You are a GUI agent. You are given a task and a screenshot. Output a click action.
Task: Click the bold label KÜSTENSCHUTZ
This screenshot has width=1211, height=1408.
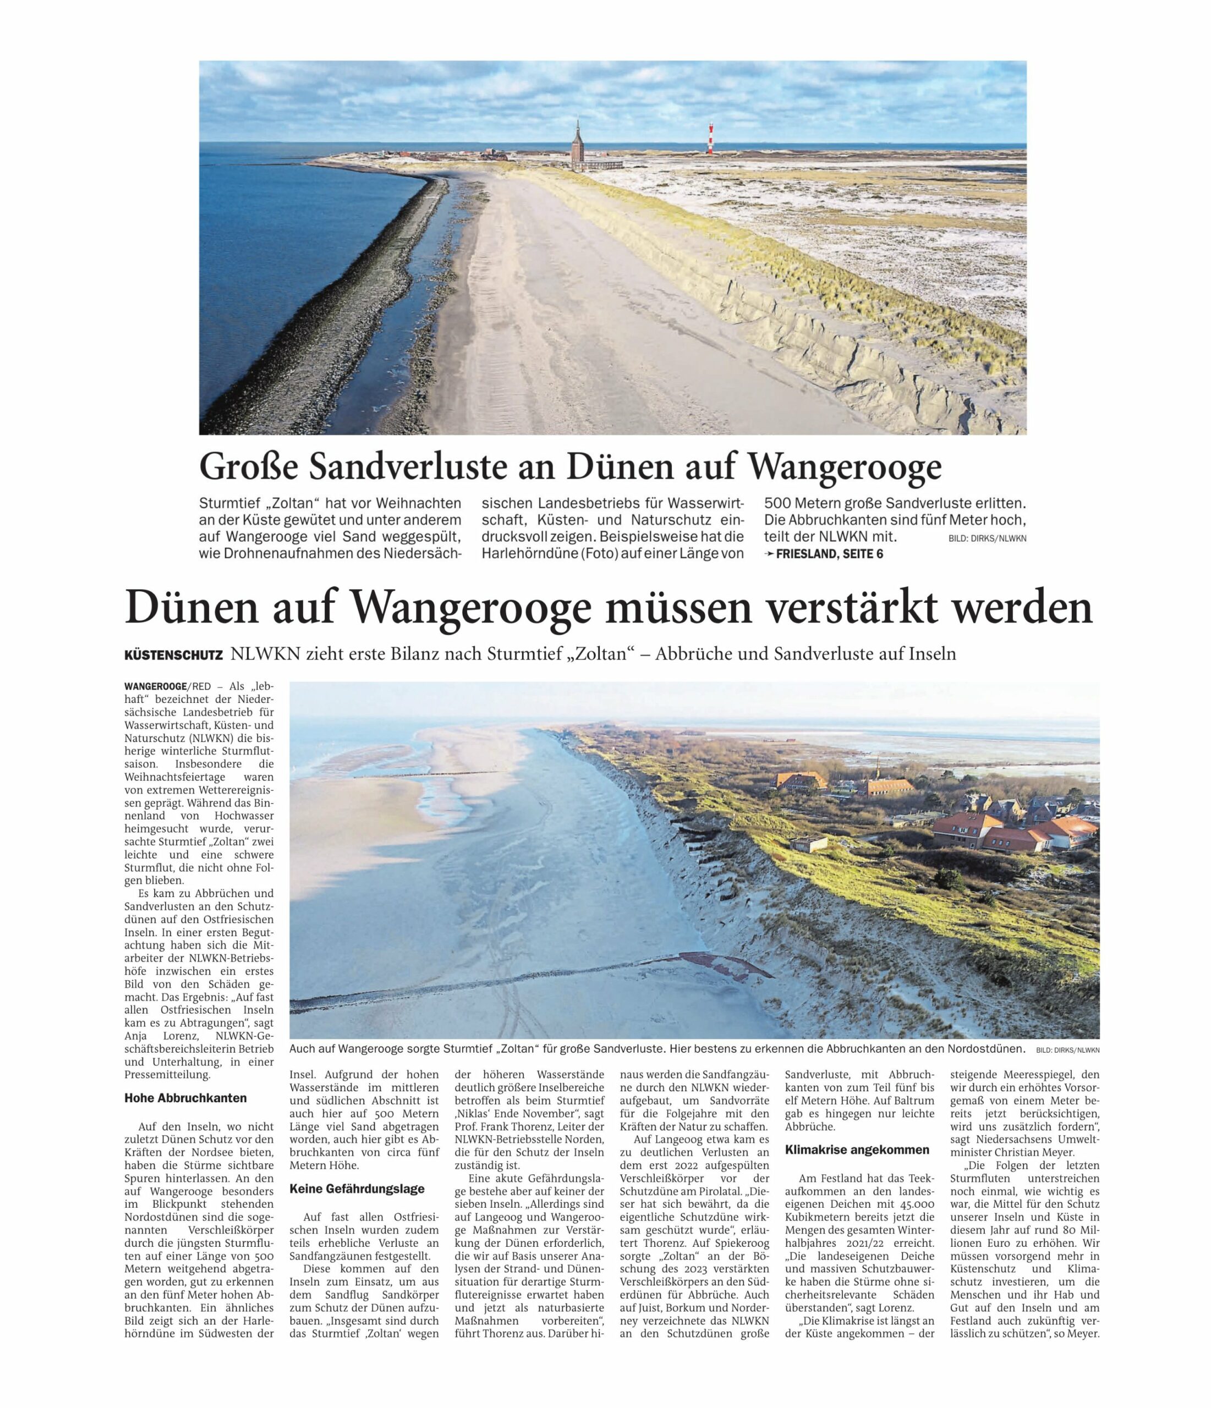pos(173,655)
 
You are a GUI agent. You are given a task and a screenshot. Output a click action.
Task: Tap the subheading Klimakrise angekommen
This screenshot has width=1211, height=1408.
pos(857,1150)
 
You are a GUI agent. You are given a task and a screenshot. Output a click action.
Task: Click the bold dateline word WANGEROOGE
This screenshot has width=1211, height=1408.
pos(150,686)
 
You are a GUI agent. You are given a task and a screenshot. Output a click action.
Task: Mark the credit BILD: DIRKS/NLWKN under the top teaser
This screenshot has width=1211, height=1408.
pos(987,538)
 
